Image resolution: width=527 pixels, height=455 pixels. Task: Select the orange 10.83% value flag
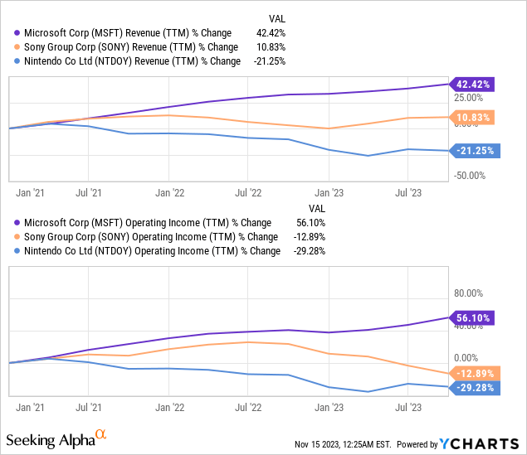point(472,118)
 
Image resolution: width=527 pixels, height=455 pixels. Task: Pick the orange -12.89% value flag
point(472,373)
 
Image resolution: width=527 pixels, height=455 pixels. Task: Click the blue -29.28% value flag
point(472,388)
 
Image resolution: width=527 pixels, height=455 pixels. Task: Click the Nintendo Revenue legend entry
point(128,61)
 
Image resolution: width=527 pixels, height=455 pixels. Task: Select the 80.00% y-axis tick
point(467,293)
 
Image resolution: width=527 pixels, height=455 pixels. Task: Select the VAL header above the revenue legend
point(276,18)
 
